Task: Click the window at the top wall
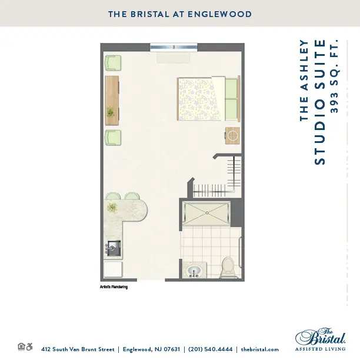tap(174, 47)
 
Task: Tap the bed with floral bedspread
tap(208, 99)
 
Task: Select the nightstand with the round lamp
tap(232, 136)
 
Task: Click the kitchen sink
tap(114, 248)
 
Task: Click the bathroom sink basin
tap(194, 271)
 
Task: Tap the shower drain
tap(207, 213)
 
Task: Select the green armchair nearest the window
tap(113, 63)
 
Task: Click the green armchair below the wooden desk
tap(113, 138)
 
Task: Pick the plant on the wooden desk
tap(111, 112)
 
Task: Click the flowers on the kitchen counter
tap(112, 207)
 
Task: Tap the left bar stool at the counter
tap(113, 196)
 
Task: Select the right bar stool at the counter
tap(132, 196)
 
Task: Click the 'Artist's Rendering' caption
tap(114, 287)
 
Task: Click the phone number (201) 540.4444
tap(211, 349)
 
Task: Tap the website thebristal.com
tap(259, 349)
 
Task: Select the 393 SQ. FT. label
tap(334, 76)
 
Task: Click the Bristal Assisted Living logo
tap(320, 339)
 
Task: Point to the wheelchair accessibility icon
tap(29, 346)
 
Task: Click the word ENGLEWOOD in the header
tap(220, 14)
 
